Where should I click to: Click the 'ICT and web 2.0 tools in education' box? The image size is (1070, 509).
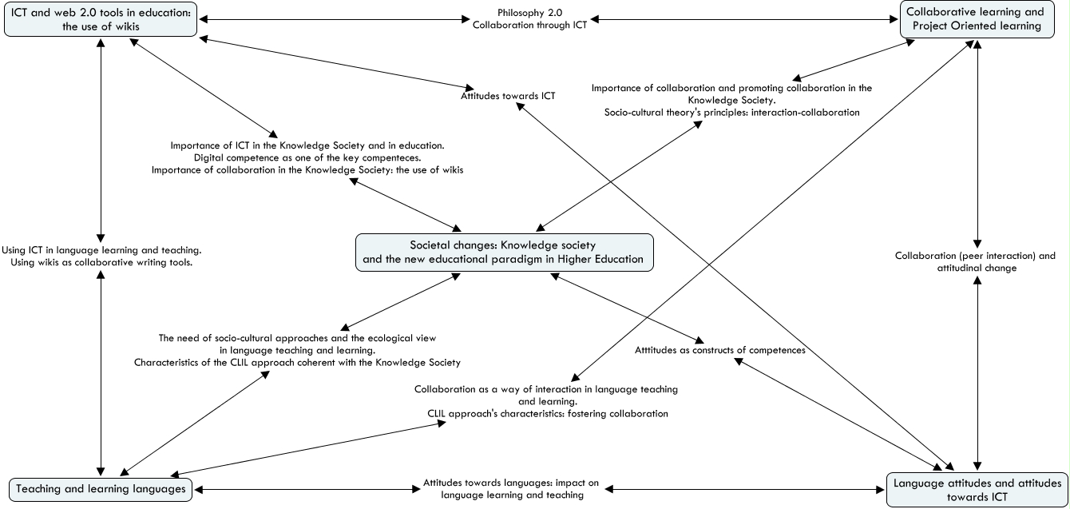(100, 18)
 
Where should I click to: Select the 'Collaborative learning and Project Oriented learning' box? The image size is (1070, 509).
(984, 18)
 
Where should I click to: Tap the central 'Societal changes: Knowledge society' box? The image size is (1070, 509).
(504, 252)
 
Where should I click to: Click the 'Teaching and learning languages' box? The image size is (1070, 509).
(101, 488)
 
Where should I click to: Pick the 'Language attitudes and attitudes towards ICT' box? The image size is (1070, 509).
(977, 490)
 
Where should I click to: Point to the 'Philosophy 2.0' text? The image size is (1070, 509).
(529, 14)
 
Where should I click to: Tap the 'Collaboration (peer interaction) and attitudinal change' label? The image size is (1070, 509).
(975, 262)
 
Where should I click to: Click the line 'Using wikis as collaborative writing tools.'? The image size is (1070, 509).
(101, 263)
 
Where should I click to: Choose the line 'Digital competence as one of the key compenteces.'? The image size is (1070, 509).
(307, 157)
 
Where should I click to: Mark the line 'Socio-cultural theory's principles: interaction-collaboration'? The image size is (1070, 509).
(731, 113)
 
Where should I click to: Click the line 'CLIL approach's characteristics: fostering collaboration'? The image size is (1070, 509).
(547, 414)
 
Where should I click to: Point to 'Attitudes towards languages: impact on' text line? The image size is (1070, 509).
(511, 483)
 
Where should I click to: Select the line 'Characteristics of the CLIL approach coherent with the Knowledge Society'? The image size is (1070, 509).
(297, 363)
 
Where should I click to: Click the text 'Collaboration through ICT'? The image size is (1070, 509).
(529, 26)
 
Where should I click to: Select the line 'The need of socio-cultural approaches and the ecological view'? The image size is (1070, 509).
(297, 338)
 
